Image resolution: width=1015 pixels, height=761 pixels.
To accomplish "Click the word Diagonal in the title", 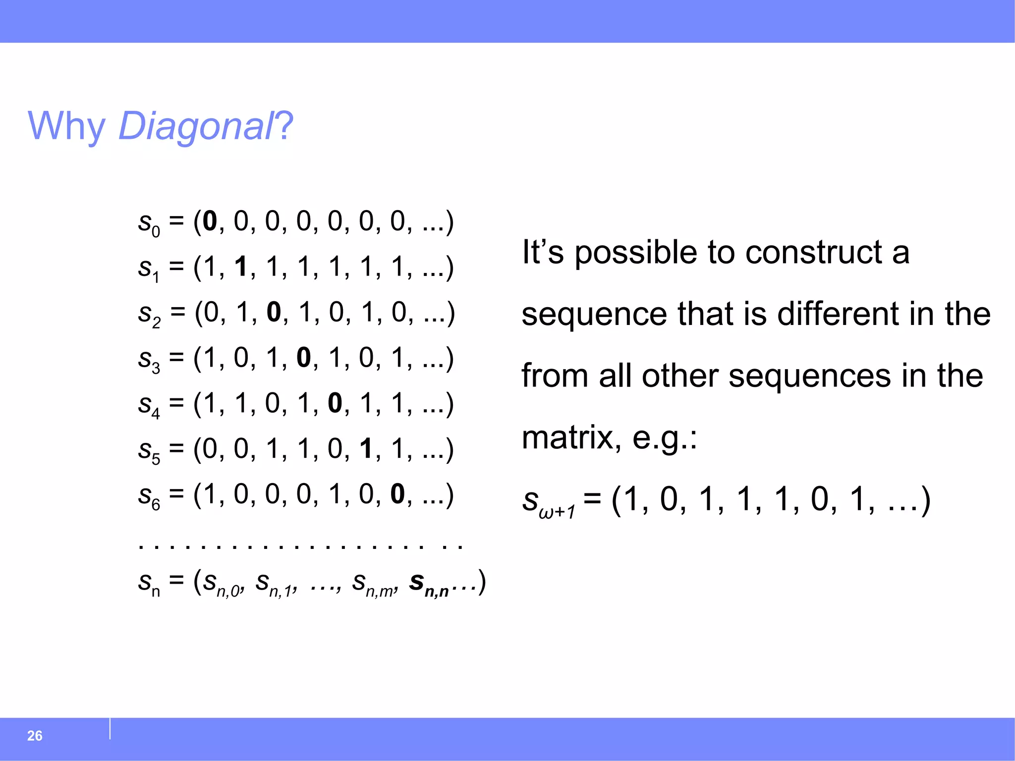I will [195, 126].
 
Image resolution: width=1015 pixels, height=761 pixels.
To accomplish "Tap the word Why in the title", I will [66, 126].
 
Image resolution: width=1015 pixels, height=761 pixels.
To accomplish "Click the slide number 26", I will [35, 736].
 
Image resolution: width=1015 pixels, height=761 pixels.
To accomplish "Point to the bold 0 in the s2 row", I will [274, 312].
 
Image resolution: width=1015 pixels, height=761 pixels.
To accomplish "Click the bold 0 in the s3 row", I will [303, 358].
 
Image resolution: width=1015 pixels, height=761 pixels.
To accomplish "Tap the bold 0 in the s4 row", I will [335, 403].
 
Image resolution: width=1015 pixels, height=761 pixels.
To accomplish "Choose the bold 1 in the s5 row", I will [366, 449].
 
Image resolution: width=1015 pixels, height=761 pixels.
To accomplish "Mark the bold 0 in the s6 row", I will [397, 494].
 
